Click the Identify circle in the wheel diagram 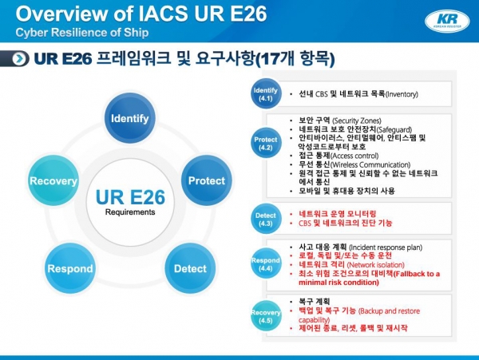tap(129, 117)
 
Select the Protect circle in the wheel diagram tap(206, 180)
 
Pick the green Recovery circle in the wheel tap(53, 180)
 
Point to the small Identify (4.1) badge tap(265, 94)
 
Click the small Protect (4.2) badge tap(265, 144)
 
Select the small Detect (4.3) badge tap(265, 218)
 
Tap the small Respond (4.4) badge tap(265, 263)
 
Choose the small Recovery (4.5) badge tap(265, 314)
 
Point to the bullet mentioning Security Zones tap(335, 120)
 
